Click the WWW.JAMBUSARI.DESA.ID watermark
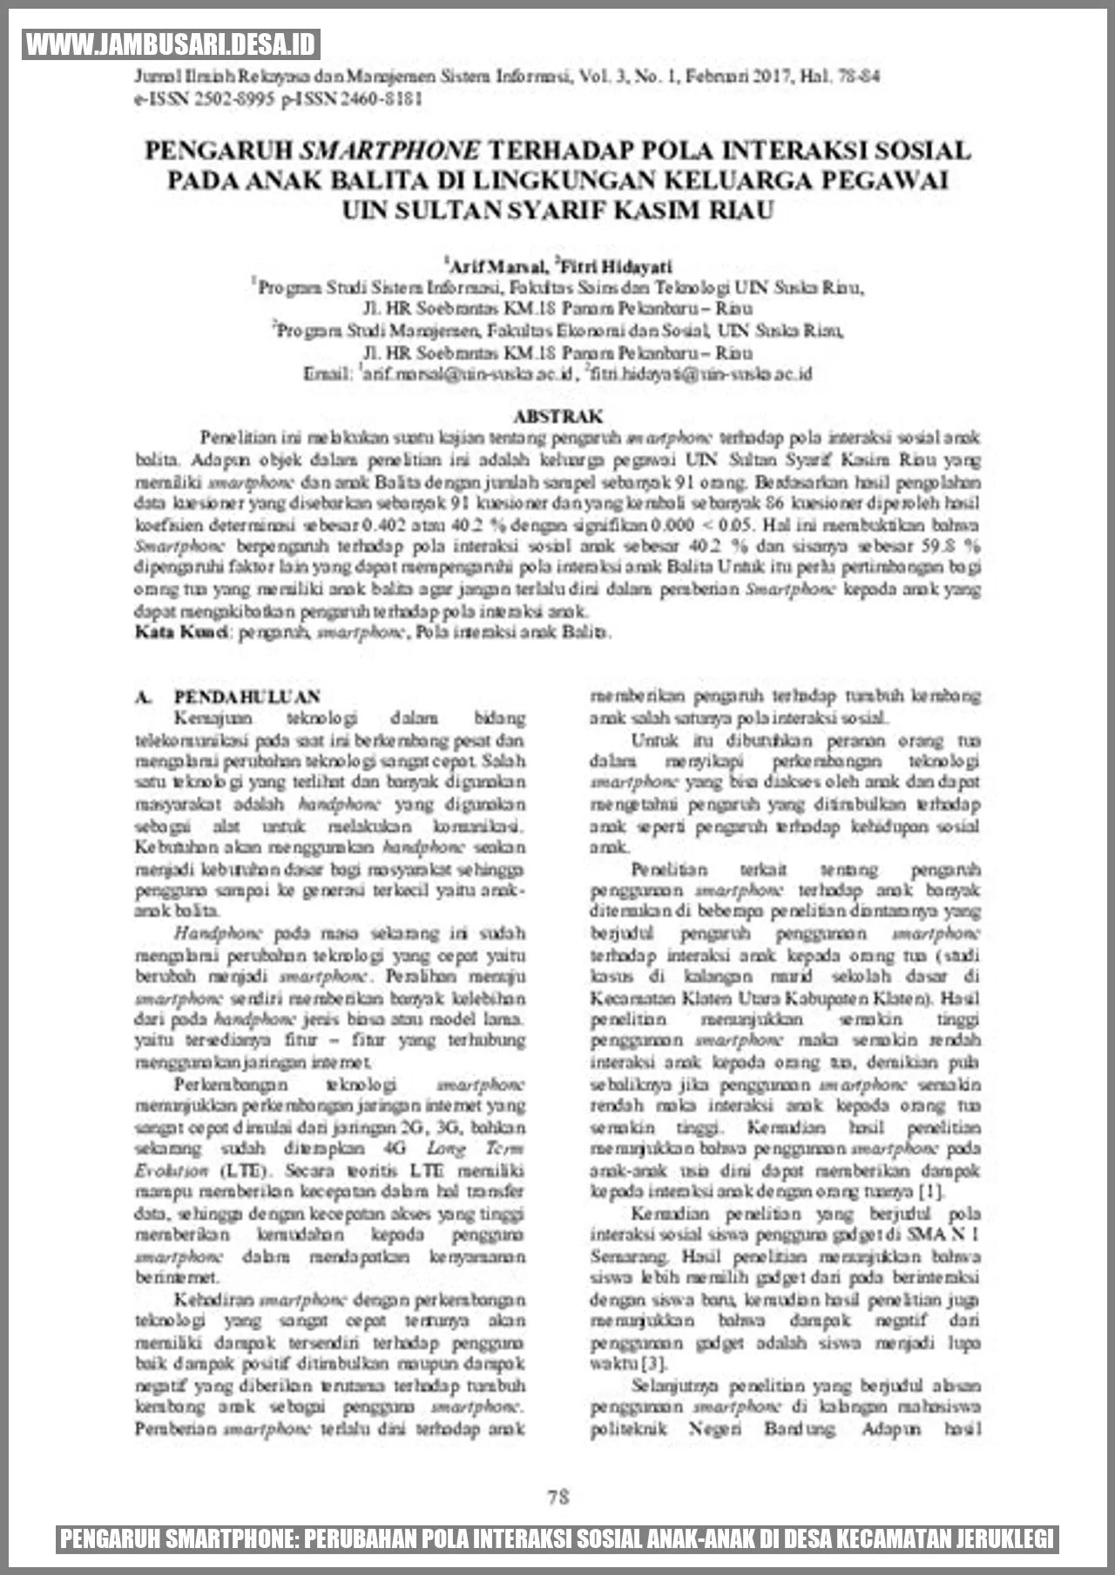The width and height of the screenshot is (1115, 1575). click(172, 44)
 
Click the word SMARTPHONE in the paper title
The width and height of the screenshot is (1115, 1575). click(389, 151)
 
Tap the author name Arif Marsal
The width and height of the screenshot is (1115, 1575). click(497, 266)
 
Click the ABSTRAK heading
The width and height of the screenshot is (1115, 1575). click(557, 416)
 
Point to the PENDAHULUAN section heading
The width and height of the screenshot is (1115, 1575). click(247, 697)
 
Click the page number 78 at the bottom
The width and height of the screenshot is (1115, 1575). click(558, 1496)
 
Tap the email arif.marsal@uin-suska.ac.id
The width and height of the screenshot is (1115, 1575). click(468, 374)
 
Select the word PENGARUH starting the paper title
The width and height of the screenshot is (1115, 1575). click(218, 151)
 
